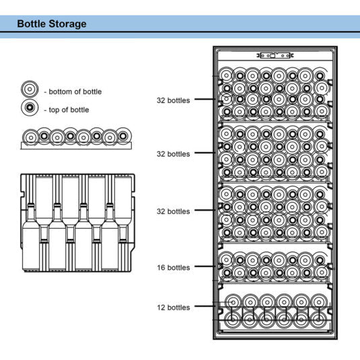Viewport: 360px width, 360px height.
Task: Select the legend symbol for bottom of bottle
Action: [29, 90]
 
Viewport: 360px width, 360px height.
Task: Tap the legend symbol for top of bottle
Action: [29, 108]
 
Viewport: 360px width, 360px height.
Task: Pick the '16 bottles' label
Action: [173, 267]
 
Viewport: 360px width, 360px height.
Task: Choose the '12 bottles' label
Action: [173, 308]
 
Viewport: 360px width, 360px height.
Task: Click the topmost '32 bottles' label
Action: [173, 100]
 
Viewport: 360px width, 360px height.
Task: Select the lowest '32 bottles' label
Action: [173, 211]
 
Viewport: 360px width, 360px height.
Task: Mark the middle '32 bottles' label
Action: [173, 153]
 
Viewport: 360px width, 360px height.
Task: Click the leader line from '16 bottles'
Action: [205, 267]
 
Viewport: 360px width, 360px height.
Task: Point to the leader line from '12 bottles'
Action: [205, 308]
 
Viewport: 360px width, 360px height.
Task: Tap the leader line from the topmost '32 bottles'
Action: [205, 100]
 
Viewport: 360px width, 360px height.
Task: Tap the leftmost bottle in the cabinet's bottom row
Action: [231, 319]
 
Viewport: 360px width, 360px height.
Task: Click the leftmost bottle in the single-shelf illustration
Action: [30, 137]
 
